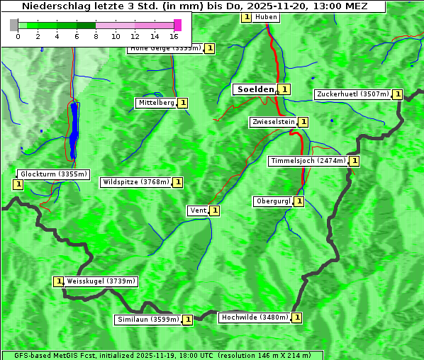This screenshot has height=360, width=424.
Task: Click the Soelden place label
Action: pyautogui.click(x=255, y=89)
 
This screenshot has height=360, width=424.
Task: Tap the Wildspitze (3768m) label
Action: pyautogui.click(x=136, y=182)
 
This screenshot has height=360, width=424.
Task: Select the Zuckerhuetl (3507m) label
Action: pyautogui.click(x=353, y=94)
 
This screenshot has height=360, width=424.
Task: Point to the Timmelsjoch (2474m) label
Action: pyautogui.click(x=308, y=161)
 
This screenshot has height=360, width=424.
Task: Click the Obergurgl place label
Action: pyautogui.click(x=273, y=201)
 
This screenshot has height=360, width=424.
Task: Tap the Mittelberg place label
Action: pyautogui.click(x=156, y=103)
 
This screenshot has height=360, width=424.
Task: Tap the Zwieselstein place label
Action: pyautogui.click(x=273, y=122)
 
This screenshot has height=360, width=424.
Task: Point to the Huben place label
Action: pyautogui.click(x=266, y=17)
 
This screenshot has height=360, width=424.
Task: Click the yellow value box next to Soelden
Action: pyautogui.click(x=284, y=89)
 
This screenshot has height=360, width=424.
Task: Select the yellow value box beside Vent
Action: pyautogui.click(x=214, y=210)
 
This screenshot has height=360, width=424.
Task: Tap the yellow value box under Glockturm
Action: pyautogui.click(x=18, y=184)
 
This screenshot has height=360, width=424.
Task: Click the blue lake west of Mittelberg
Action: pyautogui.click(x=74, y=131)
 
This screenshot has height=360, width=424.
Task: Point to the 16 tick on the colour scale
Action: pyautogui.click(x=174, y=35)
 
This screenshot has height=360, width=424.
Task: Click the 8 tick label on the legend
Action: pyautogui.click(x=96, y=35)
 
